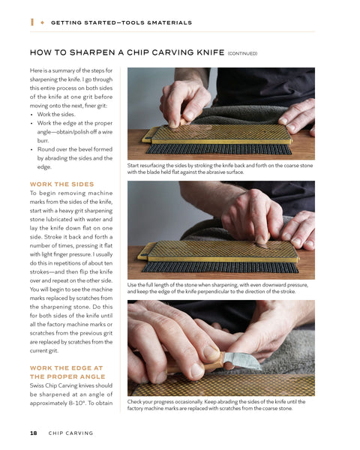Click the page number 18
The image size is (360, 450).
click(34, 433)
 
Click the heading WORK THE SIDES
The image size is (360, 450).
click(62, 184)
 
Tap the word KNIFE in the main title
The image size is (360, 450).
click(211, 52)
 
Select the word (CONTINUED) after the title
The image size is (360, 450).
click(242, 53)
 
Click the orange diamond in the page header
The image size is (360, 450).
click(43, 22)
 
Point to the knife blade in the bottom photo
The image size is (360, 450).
click(241, 361)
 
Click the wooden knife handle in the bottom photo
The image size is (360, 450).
click(195, 365)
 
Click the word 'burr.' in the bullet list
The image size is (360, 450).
click(43, 141)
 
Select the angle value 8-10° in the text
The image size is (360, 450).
click(77, 403)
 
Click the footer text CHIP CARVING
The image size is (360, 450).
click(71, 433)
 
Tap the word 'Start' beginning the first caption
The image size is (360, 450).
click(133, 166)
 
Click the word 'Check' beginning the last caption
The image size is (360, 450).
click(134, 402)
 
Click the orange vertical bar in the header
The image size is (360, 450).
click(32, 22)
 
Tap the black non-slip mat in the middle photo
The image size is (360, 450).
click(220, 267)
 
